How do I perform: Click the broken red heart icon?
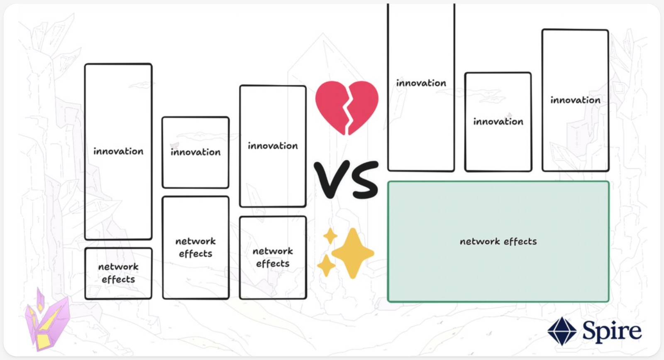pyautogui.click(x=347, y=107)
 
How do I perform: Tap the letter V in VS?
pyautogui.click(x=330, y=179)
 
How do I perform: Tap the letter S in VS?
pyautogui.click(x=363, y=179)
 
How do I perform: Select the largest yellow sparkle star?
pyautogui.click(x=353, y=253)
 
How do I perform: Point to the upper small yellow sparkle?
pyautogui.click(x=330, y=236)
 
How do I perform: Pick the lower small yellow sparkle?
pyautogui.click(x=326, y=265)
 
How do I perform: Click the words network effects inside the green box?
pyautogui.click(x=498, y=241)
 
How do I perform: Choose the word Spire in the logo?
pyautogui.click(x=612, y=331)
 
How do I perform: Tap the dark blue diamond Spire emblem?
pyautogui.click(x=562, y=331)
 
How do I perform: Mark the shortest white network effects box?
pyautogui.click(x=118, y=274)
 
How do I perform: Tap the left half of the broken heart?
pyautogui.click(x=332, y=104)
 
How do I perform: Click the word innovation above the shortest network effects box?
pyautogui.click(x=118, y=151)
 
